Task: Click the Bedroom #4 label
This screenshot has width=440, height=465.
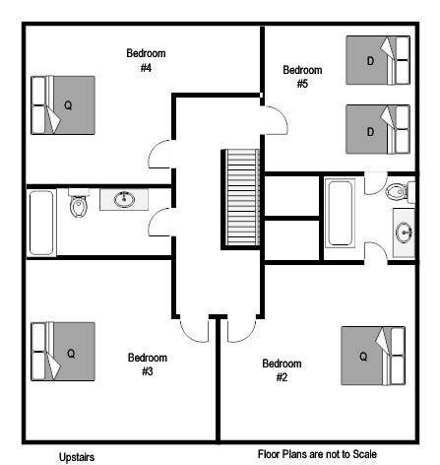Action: (x=146, y=60)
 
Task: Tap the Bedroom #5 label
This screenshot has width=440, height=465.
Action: (x=302, y=77)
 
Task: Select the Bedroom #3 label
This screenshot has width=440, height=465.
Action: (x=148, y=365)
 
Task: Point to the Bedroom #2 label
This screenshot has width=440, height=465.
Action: (x=282, y=370)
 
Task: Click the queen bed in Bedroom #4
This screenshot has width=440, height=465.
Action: (x=63, y=105)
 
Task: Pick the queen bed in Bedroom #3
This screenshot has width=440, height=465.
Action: (x=63, y=352)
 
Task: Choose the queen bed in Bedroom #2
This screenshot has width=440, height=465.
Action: (x=373, y=356)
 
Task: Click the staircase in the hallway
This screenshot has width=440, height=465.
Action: (x=240, y=198)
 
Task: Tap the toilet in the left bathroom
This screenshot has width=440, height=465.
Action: (x=79, y=203)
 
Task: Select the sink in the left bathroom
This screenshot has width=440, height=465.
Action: (x=124, y=199)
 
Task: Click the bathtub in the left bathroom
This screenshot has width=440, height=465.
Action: (x=41, y=223)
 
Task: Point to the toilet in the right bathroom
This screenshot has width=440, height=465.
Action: (x=400, y=191)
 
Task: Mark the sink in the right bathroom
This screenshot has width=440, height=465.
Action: (x=404, y=232)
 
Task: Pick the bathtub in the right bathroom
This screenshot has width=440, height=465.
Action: (x=340, y=212)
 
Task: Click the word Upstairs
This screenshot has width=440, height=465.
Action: (x=77, y=457)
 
